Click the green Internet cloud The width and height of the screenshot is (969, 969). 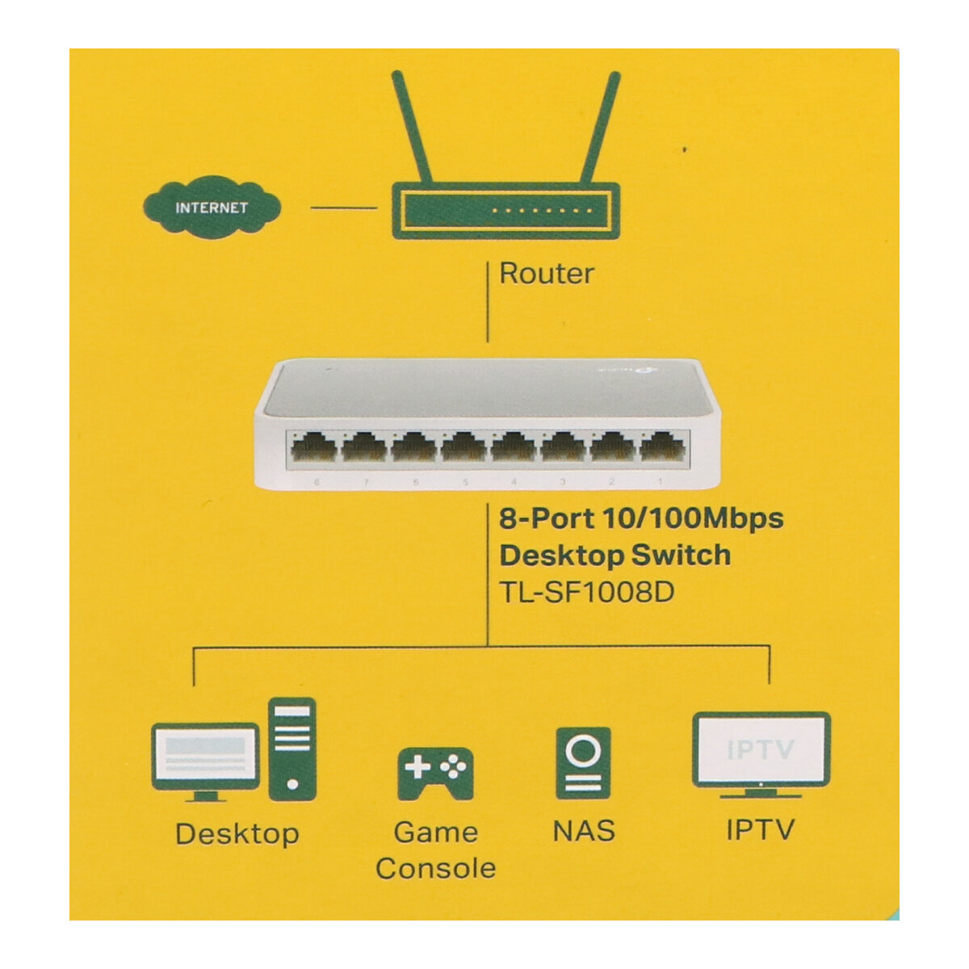(212, 207)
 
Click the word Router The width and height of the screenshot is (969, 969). (546, 273)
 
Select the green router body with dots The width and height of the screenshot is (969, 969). (505, 211)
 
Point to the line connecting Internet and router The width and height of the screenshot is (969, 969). (343, 208)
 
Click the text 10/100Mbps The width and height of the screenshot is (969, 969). (694, 518)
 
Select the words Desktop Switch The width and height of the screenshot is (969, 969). (615, 555)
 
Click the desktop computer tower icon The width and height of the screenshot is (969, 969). (292, 749)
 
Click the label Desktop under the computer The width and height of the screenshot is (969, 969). (237, 833)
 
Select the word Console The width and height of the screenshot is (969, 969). (435, 868)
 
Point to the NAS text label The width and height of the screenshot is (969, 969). (583, 830)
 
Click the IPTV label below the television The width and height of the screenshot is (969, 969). (760, 829)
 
